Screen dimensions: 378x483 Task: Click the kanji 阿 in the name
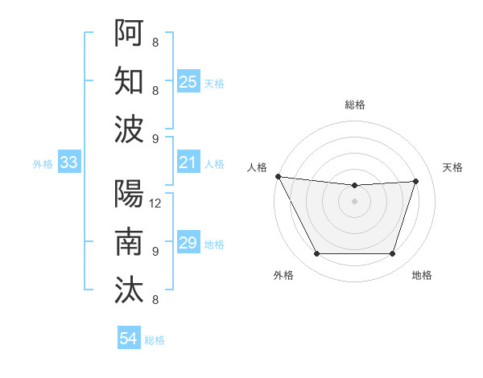129,33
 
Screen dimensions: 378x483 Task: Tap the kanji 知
129,81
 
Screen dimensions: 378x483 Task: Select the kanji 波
129,129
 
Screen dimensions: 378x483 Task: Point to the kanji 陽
129,194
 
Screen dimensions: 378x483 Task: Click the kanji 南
129,241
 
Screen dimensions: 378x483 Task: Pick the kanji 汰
129,290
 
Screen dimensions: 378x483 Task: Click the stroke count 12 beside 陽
156,203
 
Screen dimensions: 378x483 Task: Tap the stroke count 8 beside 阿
155,43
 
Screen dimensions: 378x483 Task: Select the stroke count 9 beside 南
155,252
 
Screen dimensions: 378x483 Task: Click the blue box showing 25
188,81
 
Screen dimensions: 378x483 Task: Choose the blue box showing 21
188,163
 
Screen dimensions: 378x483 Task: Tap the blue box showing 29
188,243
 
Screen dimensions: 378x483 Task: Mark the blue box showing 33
68,163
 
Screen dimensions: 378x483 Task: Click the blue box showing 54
129,339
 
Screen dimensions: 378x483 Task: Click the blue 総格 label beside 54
155,340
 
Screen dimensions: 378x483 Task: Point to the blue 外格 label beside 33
43,164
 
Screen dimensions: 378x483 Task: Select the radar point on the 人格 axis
278,176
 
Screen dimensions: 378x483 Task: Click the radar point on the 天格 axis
416,181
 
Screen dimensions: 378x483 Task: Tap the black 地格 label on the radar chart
422,276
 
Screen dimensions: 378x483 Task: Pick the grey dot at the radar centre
354,201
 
